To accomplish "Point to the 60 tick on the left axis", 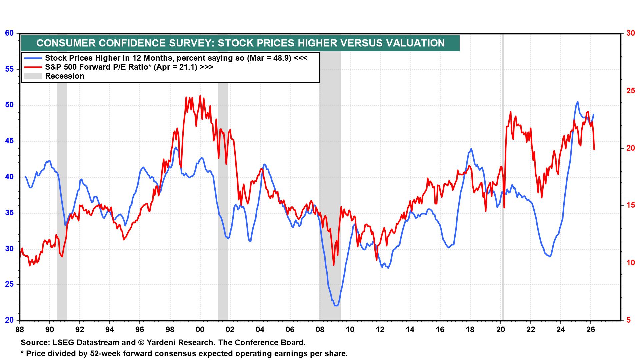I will (9, 33).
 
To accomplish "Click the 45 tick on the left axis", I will (9, 141).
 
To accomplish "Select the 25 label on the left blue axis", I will (9, 285).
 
